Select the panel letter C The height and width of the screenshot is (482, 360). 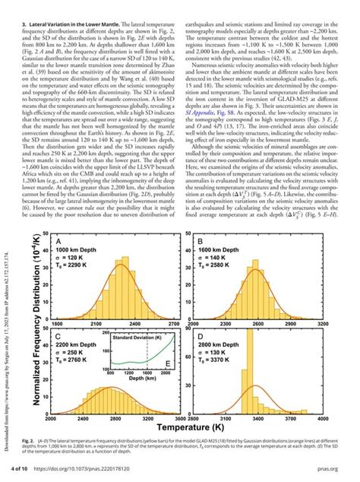click(x=58, y=335)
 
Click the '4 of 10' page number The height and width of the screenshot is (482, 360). click(x=35, y=471)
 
